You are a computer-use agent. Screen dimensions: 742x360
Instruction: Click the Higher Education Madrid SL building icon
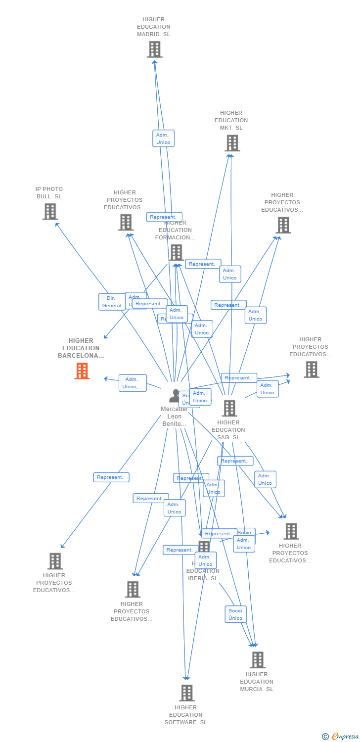(x=154, y=49)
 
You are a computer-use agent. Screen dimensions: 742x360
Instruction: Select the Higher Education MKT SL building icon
(x=232, y=143)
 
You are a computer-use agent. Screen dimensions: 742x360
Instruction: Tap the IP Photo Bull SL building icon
(x=50, y=212)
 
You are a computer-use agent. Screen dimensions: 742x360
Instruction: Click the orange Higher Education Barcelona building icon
(x=82, y=371)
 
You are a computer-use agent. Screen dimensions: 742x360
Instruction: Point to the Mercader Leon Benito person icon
(x=175, y=396)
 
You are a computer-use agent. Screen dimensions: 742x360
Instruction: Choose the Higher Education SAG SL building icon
(x=229, y=408)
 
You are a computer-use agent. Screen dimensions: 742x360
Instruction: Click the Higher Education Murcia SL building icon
(x=257, y=660)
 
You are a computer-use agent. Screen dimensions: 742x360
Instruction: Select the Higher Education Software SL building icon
(x=186, y=693)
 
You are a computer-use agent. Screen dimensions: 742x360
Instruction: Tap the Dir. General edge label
(x=111, y=302)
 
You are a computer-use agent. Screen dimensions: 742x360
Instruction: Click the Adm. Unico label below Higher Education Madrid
(x=163, y=139)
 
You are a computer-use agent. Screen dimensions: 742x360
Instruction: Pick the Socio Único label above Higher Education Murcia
(x=235, y=614)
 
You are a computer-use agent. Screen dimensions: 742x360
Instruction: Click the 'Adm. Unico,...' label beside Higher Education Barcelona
(x=133, y=383)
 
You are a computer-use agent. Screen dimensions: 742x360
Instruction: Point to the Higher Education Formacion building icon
(x=176, y=252)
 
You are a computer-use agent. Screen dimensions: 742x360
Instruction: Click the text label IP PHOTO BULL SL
(x=49, y=193)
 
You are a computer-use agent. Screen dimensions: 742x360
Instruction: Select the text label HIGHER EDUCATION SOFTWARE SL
(x=186, y=715)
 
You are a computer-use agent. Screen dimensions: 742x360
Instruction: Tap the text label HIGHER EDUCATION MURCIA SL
(x=257, y=682)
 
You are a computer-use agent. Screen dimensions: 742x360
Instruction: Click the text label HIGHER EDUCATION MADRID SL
(x=153, y=27)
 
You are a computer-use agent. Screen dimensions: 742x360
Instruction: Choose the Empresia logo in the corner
(x=341, y=737)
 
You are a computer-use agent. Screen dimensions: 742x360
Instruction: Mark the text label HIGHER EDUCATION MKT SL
(x=231, y=120)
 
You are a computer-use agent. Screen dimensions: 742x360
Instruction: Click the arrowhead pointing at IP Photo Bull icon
(x=57, y=224)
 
